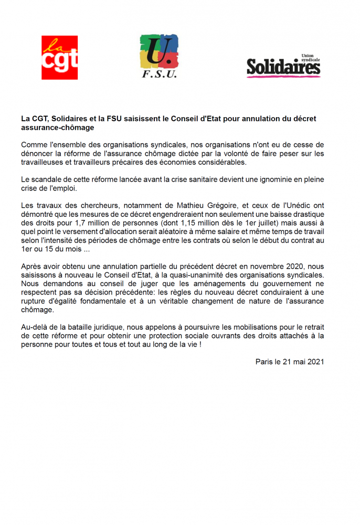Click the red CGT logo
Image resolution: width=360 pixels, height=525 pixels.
(59, 57)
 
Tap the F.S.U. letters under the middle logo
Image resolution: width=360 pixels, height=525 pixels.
(160, 75)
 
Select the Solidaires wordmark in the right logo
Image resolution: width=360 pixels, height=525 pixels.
(283, 67)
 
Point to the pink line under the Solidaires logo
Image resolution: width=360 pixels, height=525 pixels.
(283, 77)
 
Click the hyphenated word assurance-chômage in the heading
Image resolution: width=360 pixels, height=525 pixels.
(58, 128)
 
